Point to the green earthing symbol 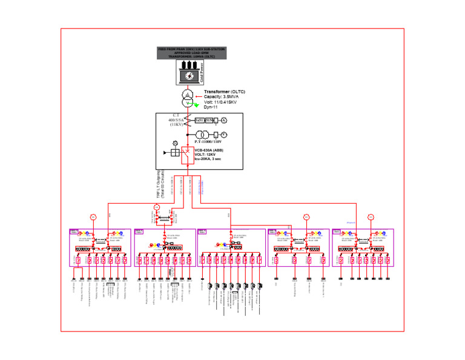[x=196, y=105]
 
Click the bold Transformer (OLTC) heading [x=224, y=92]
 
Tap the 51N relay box [x=209, y=121]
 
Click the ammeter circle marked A [x=223, y=121]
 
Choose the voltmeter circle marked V [x=223, y=134]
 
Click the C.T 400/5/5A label [x=176, y=119]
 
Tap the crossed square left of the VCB [x=175, y=153]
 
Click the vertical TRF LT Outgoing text [x=160, y=184]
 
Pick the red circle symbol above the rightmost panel [x=372, y=216]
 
